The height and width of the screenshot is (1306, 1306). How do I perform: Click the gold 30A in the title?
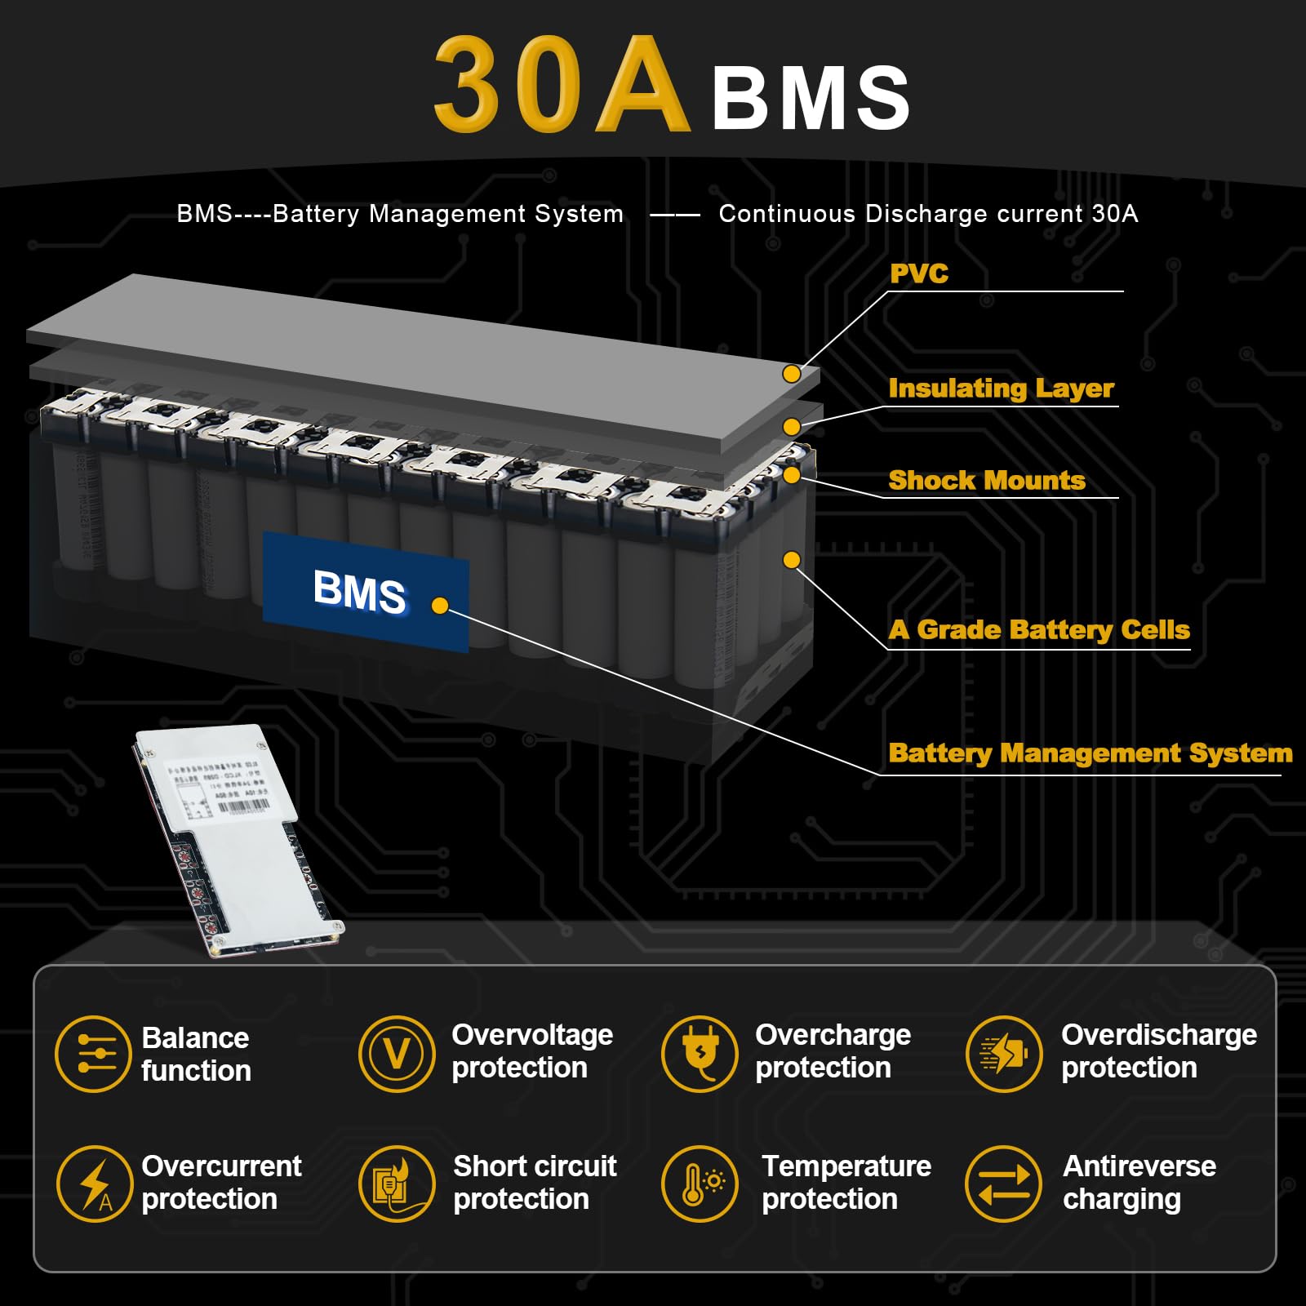click(x=561, y=86)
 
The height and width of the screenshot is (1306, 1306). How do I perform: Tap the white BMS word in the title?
click(x=811, y=99)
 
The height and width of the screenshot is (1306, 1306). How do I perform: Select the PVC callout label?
click(x=919, y=273)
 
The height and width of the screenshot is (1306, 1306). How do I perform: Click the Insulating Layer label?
click(x=1001, y=389)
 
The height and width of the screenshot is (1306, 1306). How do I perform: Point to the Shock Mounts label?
click(x=987, y=480)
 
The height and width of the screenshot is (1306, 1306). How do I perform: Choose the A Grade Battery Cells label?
click(x=1039, y=629)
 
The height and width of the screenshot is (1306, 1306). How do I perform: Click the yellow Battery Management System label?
click(x=1091, y=753)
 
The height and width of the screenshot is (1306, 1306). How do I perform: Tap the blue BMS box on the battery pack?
click(x=366, y=591)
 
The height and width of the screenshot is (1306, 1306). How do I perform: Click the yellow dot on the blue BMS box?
click(x=440, y=606)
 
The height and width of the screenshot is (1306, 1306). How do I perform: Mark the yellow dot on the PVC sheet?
click(x=791, y=374)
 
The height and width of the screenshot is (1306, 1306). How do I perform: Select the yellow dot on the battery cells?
click(x=791, y=560)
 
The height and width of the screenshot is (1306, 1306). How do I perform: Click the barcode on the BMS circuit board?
click(x=242, y=806)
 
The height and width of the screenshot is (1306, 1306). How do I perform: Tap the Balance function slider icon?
click(x=93, y=1054)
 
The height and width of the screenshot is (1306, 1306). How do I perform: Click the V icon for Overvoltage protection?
click(x=397, y=1054)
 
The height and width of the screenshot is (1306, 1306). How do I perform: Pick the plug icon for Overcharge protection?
click(x=700, y=1054)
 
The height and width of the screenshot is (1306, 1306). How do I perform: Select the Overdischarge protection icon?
click(x=1003, y=1054)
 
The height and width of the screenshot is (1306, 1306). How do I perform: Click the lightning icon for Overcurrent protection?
click(x=95, y=1184)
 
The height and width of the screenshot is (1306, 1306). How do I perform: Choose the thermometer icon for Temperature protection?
click(x=700, y=1184)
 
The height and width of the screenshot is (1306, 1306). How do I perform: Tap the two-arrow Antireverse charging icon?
click(x=1003, y=1184)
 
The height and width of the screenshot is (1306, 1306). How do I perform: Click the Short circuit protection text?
click(x=535, y=1183)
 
